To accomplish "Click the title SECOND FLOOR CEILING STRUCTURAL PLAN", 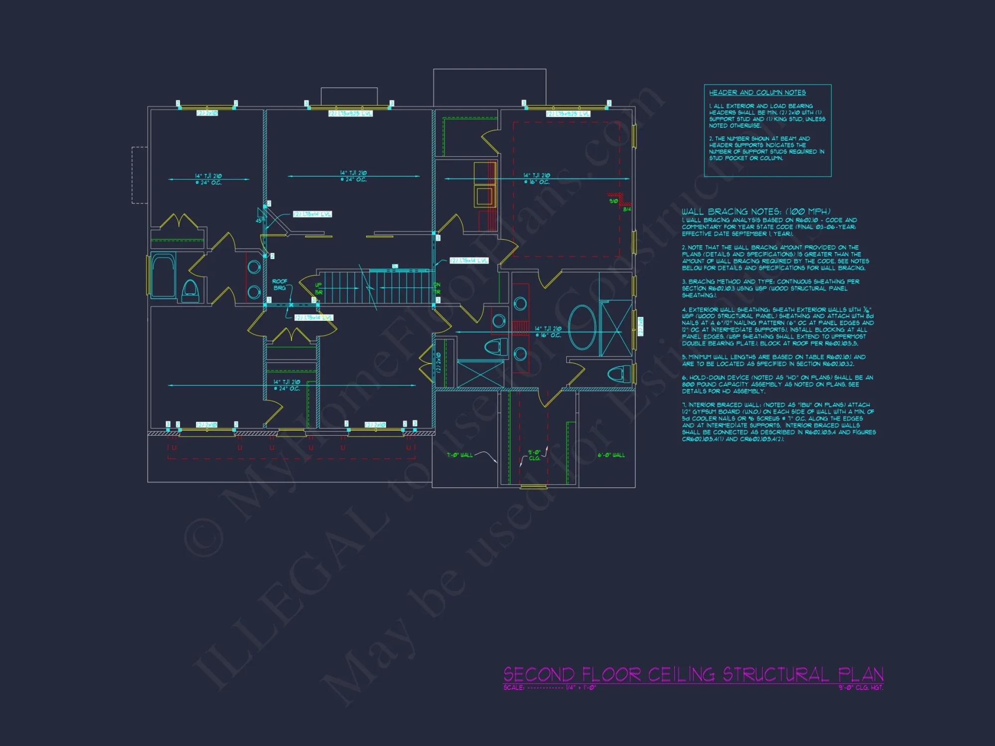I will [x=693, y=674].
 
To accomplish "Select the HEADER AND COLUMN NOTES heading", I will [x=757, y=93].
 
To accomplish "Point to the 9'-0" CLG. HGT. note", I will [x=861, y=688].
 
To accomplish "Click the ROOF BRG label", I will [x=280, y=284].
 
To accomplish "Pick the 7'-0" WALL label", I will [x=460, y=455].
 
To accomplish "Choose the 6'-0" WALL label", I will [x=611, y=455].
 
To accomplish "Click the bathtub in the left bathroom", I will [x=163, y=276].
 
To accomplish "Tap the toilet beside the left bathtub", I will [x=190, y=291].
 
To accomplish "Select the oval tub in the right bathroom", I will [x=582, y=327].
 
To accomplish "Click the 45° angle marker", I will [x=260, y=220].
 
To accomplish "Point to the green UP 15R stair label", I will [x=318, y=288].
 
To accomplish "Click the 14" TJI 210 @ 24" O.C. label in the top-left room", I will [x=208, y=179].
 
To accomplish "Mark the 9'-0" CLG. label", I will [x=534, y=455].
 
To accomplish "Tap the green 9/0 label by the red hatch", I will [x=613, y=201].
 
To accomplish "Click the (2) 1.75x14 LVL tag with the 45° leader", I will [x=312, y=214].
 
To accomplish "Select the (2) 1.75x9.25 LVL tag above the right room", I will [x=568, y=114].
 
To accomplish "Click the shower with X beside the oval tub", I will [x=616, y=328].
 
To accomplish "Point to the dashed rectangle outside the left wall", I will [x=139, y=175].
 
